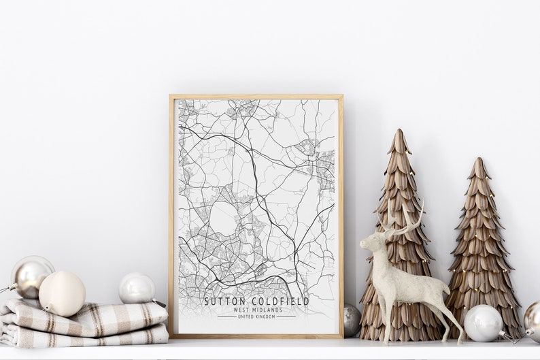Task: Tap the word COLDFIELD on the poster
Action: pos(280,301)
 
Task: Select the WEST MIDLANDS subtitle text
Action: pos(256,310)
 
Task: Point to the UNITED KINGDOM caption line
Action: pos(256,316)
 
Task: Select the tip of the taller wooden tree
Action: pos(399,133)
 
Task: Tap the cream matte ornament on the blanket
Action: pos(62,293)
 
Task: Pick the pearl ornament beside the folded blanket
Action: pos(136,289)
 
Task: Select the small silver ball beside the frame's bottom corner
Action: pos(352,319)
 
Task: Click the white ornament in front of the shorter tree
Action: pos(483,323)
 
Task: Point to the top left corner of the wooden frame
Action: pos(171,97)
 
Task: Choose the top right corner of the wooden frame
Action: pos(341,97)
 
